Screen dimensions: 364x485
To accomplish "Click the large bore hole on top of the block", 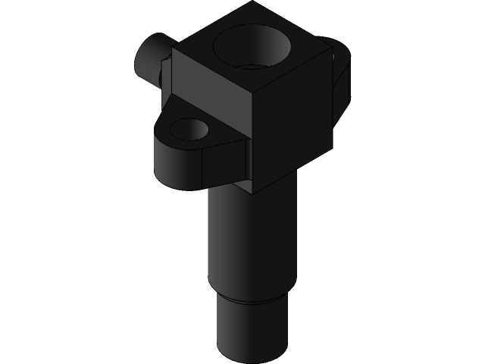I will (x=252, y=47).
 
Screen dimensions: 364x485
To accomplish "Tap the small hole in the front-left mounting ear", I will (x=186, y=128).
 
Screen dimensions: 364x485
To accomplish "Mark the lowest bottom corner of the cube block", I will (x=253, y=193).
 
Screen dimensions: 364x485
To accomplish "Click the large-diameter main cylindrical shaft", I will (x=246, y=243).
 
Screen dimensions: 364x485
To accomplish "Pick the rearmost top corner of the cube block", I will (x=253, y=2).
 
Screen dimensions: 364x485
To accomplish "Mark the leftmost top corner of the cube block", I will (x=172, y=49).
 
